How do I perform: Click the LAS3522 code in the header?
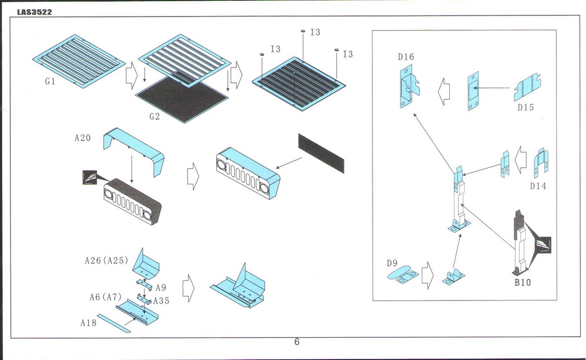34,12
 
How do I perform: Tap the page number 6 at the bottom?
296,342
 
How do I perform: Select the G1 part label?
50,81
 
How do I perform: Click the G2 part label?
155,116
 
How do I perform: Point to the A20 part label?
82,137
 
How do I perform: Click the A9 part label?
161,288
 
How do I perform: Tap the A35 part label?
161,300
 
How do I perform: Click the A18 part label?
88,322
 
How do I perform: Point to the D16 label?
406,57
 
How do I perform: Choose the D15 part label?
525,107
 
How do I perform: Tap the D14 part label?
538,185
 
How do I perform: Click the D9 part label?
391,263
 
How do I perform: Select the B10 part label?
522,282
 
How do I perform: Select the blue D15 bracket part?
528,88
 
